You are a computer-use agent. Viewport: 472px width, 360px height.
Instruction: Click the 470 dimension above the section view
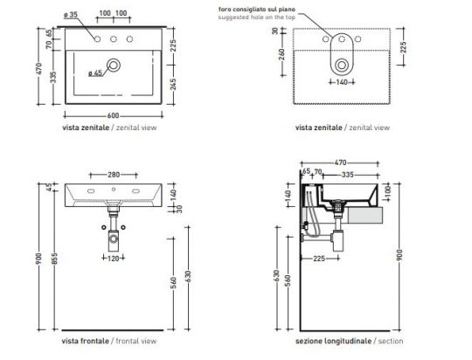pyautogui.click(x=340, y=163)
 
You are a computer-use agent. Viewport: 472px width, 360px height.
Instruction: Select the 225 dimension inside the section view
pyautogui.click(x=321, y=259)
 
